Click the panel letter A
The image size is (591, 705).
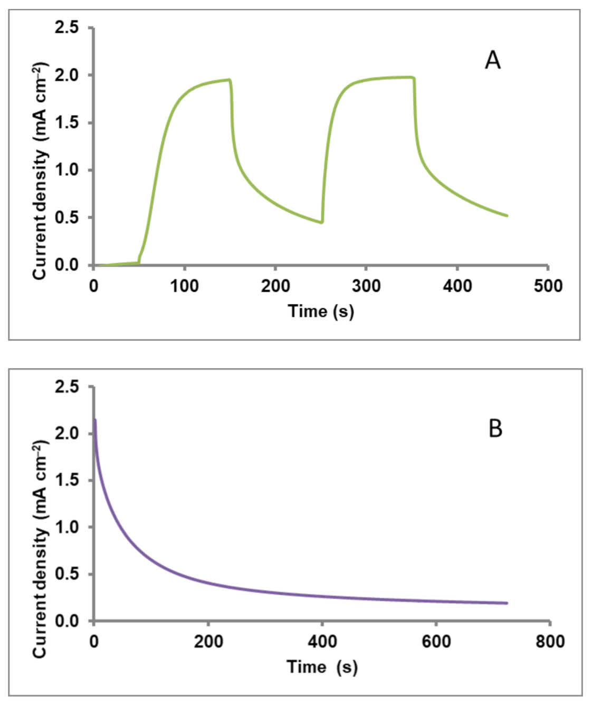tap(492, 60)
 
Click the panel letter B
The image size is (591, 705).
tap(495, 428)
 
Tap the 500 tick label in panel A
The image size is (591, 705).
tap(548, 286)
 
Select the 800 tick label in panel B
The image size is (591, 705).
tap(550, 642)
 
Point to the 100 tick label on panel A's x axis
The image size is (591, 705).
tap(184, 286)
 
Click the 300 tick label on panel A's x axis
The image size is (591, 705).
tap(366, 286)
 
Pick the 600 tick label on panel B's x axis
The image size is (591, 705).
tap(436, 642)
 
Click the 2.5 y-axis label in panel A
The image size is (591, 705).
tap(66, 27)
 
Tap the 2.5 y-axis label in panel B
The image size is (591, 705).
tap(66, 387)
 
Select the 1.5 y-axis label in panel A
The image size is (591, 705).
tap(66, 122)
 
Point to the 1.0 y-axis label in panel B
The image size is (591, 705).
tap(66, 527)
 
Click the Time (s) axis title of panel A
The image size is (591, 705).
tap(321, 311)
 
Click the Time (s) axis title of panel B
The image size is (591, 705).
tap(322, 667)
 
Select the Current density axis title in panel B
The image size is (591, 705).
tap(40, 549)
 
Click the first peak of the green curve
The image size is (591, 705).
tap(230, 80)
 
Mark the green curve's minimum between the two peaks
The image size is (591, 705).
tap(322, 223)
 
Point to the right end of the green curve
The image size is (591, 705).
tap(507, 215)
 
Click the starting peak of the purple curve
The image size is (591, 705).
tap(95, 420)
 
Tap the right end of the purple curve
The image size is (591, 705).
tap(507, 603)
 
